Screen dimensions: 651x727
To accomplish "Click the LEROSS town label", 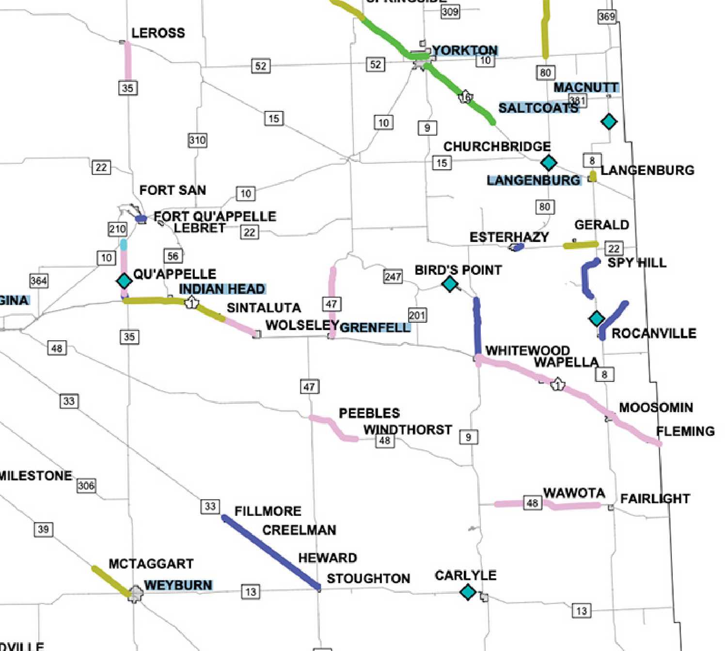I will pos(158,33).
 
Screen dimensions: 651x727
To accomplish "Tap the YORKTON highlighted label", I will pos(465,50).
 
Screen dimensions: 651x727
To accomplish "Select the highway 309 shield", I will pos(450,12).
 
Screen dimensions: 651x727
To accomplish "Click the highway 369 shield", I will pos(607,16).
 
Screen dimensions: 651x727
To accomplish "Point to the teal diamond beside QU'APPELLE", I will pos(124,280).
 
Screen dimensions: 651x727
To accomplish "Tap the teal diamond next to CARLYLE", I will pos(468,591).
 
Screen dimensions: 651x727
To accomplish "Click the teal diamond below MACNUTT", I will pos(609,121).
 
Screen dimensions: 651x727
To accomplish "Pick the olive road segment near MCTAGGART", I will pos(111,581).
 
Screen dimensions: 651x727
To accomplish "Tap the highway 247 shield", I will pos(393,276).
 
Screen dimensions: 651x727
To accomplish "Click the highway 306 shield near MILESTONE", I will pos(86,485).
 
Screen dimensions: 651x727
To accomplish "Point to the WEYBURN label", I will pos(178,585).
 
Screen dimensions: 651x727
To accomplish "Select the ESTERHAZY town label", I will pos(509,237).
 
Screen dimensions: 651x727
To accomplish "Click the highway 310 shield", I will pos(197,140).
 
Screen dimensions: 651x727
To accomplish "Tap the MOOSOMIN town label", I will pos(656,407).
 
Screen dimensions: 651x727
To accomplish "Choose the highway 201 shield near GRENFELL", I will pos(417,315).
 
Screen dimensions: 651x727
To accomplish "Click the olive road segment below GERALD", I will pos(581,245).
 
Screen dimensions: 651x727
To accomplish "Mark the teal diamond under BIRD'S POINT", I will pos(450,284).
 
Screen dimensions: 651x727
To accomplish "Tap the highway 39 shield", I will pos(43,529).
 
